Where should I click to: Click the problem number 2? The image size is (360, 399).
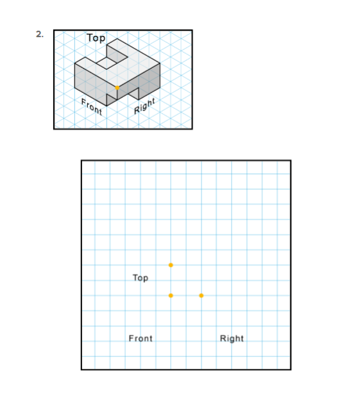click(40, 35)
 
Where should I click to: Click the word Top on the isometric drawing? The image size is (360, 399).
click(96, 38)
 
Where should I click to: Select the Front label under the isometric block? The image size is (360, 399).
click(91, 108)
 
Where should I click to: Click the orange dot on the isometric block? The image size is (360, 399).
click(117, 87)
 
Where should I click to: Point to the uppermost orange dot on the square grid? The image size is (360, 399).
click(171, 265)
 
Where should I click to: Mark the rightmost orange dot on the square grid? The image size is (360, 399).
click(201, 295)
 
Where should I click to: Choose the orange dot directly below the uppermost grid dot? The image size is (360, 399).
click(171, 295)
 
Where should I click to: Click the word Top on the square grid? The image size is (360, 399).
click(140, 278)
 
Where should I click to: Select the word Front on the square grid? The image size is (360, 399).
click(141, 338)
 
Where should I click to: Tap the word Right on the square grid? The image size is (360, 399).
click(232, 338)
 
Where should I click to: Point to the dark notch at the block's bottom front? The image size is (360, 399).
click(133, 92)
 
